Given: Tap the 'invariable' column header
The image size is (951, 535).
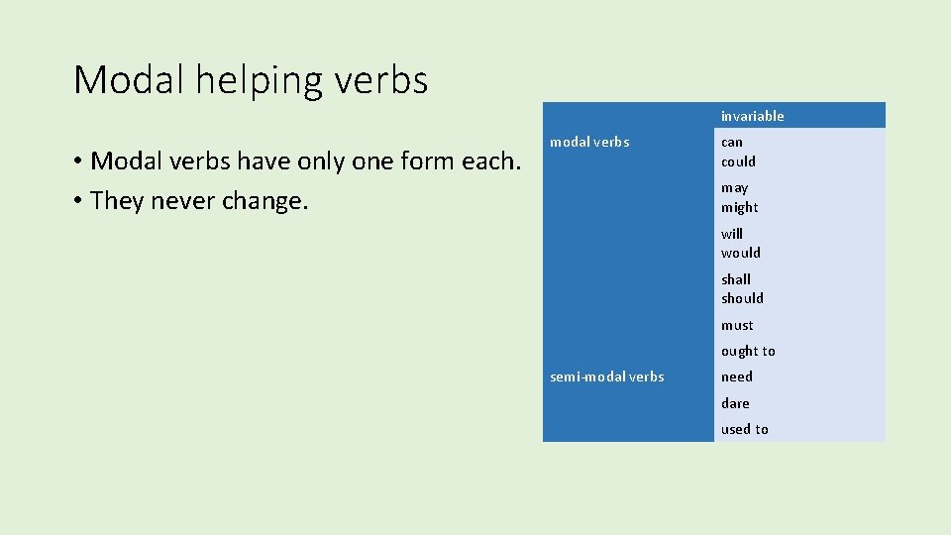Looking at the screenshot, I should point(752,116).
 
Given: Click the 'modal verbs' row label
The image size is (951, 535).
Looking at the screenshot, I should point(589,142).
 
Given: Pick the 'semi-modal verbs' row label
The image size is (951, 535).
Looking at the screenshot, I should point(606,376).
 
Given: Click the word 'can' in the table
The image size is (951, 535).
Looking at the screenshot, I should point(731,142).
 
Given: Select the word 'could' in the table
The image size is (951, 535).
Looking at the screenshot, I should point(738,161).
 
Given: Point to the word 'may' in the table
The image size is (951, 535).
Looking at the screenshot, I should point(734,188).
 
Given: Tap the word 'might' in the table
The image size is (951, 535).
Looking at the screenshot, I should point(739,207).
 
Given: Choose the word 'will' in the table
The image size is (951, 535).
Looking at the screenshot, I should point(731,234).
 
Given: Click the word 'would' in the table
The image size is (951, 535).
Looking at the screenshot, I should point(740,253).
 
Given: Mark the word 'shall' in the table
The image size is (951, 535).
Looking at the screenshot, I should point(736,279).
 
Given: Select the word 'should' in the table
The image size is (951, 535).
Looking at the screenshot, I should point(742,298).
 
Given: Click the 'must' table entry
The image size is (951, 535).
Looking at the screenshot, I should point(737,325).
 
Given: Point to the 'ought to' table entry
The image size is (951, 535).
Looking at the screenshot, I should point(748,351).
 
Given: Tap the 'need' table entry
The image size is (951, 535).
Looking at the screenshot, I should point(736,376).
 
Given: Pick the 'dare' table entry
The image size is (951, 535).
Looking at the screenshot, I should point(735,403).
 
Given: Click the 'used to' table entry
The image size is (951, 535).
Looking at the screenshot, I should point(744,429).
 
